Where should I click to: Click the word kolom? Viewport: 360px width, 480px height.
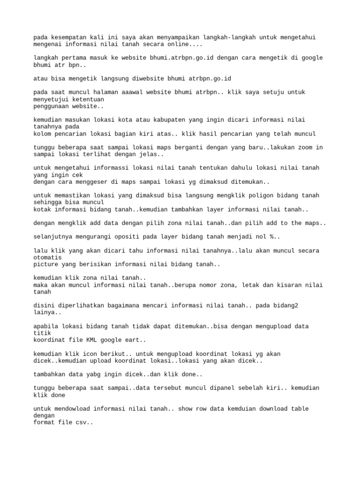[43, 134]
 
